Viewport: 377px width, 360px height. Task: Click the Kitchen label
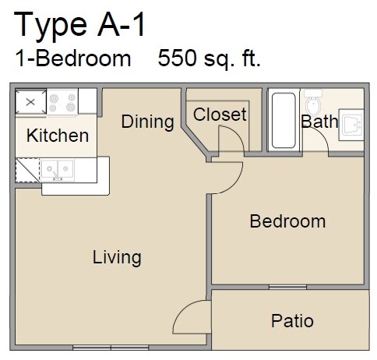pyautogui.click(x=58, y=136)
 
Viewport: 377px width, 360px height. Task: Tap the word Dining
pyautogui.click(x=147, y=122)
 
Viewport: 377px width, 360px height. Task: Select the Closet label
pyautogui.click(x=220, y=115)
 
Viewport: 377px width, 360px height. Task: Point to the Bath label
pyautogui.click(x=319, y=122)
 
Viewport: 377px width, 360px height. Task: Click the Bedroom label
pyautogui.click(x=287, y=221)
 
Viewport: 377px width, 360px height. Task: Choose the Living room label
pyautogui.click(x=117, y=256)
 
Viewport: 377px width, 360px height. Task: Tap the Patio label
pyautogui.click(x=292, y=320)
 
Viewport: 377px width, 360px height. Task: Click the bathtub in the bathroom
pyautogui.click(x=282, y=122)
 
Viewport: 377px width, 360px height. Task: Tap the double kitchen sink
pyautogui.click(x=58, y=168)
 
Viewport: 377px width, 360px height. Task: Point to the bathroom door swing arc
pyautogui.click(x=315, y=140)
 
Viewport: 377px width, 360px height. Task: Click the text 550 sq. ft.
pyautogui.click(x=209, y=58)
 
